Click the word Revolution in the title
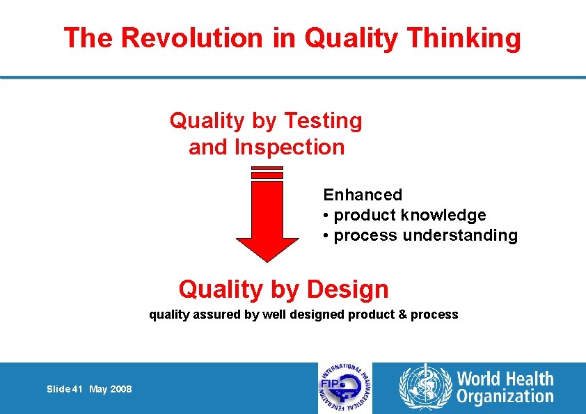coord(192,38)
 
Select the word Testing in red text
coord(322,121)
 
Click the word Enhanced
coord(363,195)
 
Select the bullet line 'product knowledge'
coord(409,215)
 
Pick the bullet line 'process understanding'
coord(425,235)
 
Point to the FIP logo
coord(345,388)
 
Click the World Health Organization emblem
coord(424,388)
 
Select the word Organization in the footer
coord(505,397)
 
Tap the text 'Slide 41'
coord(65,389)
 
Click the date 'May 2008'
coord(110,389)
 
